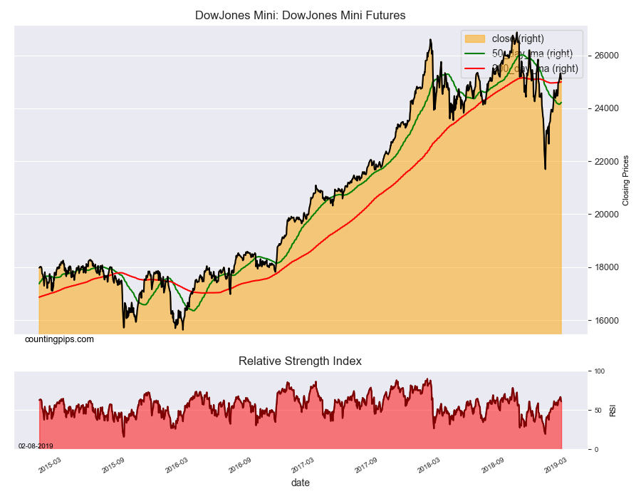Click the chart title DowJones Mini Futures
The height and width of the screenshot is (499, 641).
pyautogui.click(x=300, y=15)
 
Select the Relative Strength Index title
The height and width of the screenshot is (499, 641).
pyautogui.click(x=300, y=361)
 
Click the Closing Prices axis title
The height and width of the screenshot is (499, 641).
pyautogui.click(x=626, y=180)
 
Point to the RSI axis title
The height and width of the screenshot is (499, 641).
pyautogui.click(x=613, y=410)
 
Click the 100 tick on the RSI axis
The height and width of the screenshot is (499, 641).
pyautogui.click(x=599, y=371)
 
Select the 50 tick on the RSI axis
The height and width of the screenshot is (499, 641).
pyautogui.click(x=598, y=411)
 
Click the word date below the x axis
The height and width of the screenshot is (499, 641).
pyautogui.click(x=300, y=483)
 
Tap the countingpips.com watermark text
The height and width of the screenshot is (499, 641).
pyautogui.click(x=59, y=339)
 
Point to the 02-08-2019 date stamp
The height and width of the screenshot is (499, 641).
pyautogui.click(x=36, y=446)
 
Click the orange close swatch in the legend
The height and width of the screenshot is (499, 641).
pyautogui.click(x=474, y=38)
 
